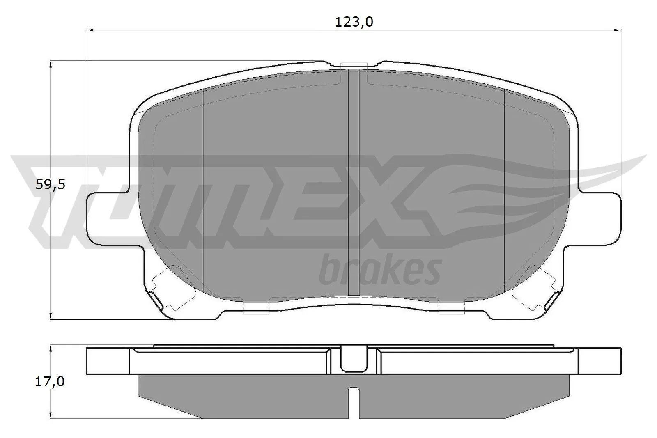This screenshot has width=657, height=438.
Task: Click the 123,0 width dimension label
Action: (354, 22)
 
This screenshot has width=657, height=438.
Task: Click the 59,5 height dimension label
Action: (51, 185)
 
